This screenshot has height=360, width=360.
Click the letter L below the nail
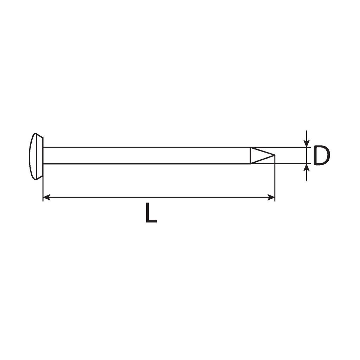pos(151,213)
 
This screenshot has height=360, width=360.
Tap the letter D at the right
pos(321,155)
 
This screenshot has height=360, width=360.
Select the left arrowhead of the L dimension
pos(47,197)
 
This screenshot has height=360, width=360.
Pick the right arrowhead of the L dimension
pos(271,197)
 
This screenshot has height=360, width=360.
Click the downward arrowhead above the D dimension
pos(307,143)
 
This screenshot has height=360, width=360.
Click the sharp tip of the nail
pos(275,155)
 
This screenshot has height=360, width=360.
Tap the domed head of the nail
pos(36,156)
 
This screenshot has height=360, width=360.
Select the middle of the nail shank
pos(147,155)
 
